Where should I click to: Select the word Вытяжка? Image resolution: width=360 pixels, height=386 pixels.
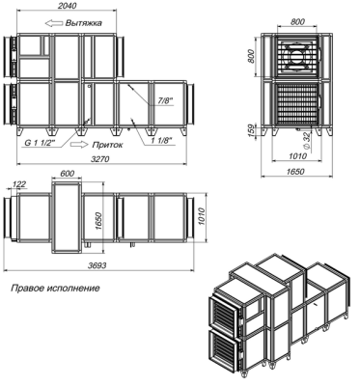click(x=84, y=23)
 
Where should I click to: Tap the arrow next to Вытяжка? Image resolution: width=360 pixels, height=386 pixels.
click(x=54, y=23)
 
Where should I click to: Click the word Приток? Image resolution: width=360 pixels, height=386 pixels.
click(x=107, y=145)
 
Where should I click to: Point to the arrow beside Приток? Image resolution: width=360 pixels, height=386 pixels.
click(x=79, y=145)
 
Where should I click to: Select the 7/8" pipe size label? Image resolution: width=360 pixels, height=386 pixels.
click(x=165, y=100)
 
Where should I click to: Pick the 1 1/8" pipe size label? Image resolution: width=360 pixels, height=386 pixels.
click(x=162, y=141)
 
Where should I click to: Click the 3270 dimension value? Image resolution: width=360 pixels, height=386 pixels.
click(x=101, y=159)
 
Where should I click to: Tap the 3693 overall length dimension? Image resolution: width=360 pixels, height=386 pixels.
click(x=97, y=265)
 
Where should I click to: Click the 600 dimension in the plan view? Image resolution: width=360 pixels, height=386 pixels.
click(x=68, y=174)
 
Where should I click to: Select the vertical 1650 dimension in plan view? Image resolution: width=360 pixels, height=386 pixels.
click(x=98, y=221)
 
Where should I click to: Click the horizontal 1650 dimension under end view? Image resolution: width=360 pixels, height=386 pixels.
click(x=295, y=172)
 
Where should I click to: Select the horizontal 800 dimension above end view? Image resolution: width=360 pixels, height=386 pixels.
click(x=297, y=22)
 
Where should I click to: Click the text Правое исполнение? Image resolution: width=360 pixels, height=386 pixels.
click(x=55, y=288)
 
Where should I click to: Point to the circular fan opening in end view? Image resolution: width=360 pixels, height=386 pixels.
click(x=296, y=55)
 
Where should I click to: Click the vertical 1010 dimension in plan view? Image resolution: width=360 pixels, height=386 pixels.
click(x=201, y=217)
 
